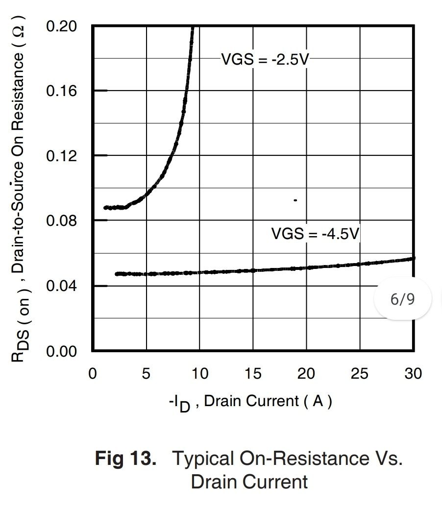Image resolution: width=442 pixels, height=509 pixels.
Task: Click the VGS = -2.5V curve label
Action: pos(265,60)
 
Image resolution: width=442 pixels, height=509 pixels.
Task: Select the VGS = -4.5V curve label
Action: pos(315,233)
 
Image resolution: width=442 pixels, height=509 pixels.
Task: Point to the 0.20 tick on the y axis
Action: pos(62,26)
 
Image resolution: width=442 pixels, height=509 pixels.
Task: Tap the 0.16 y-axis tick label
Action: pos(62,91)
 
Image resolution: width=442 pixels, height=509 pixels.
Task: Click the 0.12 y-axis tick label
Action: pos(62,156)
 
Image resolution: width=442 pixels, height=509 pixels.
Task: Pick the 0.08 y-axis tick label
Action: pos(62,221)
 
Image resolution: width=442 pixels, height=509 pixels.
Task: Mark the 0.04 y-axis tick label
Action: pos(62,286)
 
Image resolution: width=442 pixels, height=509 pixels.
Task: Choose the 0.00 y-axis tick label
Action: pos(62,351)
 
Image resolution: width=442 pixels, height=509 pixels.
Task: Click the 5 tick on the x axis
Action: pos(146,374)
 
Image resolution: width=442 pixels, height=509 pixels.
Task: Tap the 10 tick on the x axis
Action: pos(199,374)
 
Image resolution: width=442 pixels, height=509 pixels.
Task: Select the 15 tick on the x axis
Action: pos(253,374)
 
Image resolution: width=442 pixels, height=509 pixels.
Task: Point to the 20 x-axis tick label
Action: pos(306,374)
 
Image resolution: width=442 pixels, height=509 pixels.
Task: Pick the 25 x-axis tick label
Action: pos(360,374)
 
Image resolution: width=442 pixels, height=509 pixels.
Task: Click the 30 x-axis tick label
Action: pos(413,374)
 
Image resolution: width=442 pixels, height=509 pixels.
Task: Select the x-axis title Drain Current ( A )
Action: pos(268,402)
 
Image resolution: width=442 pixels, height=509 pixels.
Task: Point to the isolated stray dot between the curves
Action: pos(295,200)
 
